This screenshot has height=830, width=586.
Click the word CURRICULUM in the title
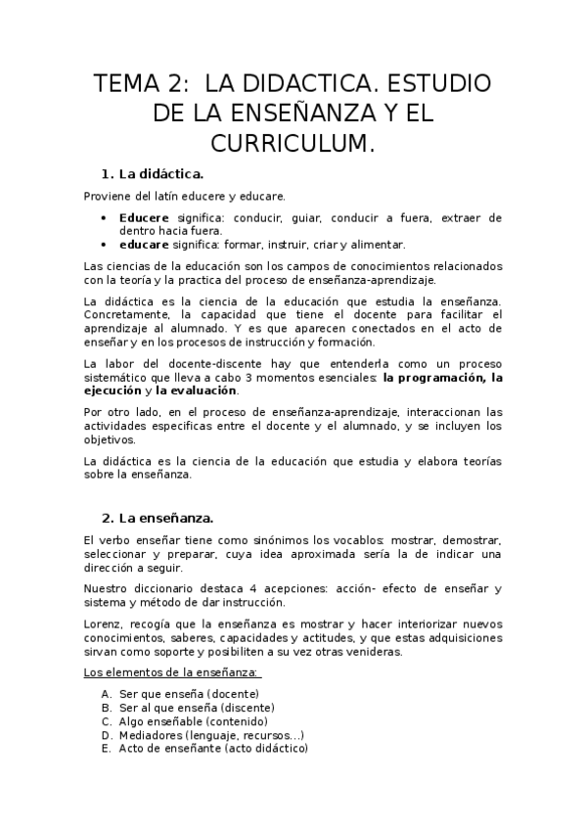293,144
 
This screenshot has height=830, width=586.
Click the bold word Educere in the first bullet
144,217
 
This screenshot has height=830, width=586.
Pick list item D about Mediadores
211,734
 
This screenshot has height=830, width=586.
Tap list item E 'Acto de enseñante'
213,748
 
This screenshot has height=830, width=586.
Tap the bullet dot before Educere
105,217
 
